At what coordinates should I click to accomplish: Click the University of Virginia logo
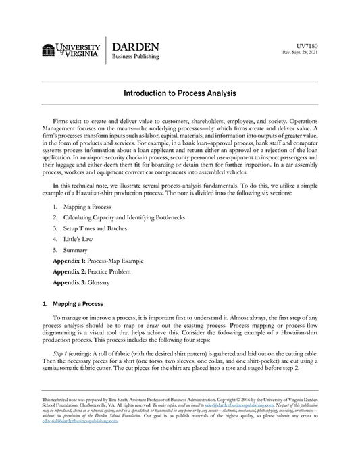point(71,49)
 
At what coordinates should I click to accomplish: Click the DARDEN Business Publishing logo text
point(136,50)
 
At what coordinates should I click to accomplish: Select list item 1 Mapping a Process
point(87,206)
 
